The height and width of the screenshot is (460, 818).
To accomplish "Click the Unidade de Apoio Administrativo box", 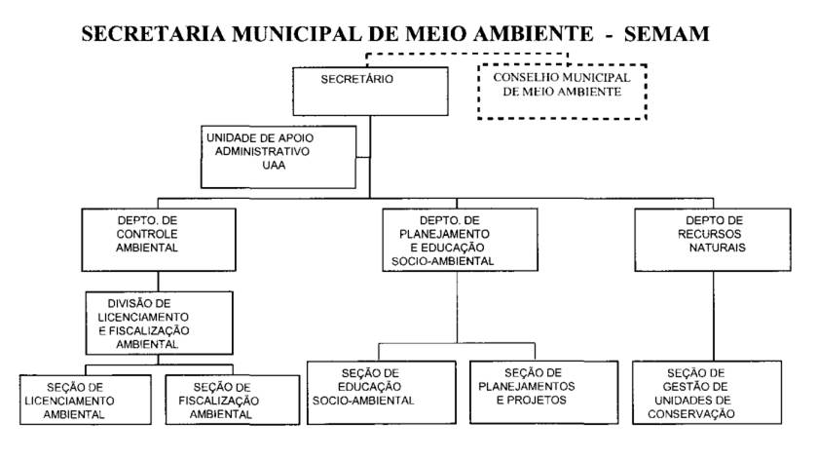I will [279, 156].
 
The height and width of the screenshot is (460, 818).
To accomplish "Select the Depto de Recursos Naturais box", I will [697, 240].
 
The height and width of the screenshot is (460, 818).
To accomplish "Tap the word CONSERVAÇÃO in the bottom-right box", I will [695, 413].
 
